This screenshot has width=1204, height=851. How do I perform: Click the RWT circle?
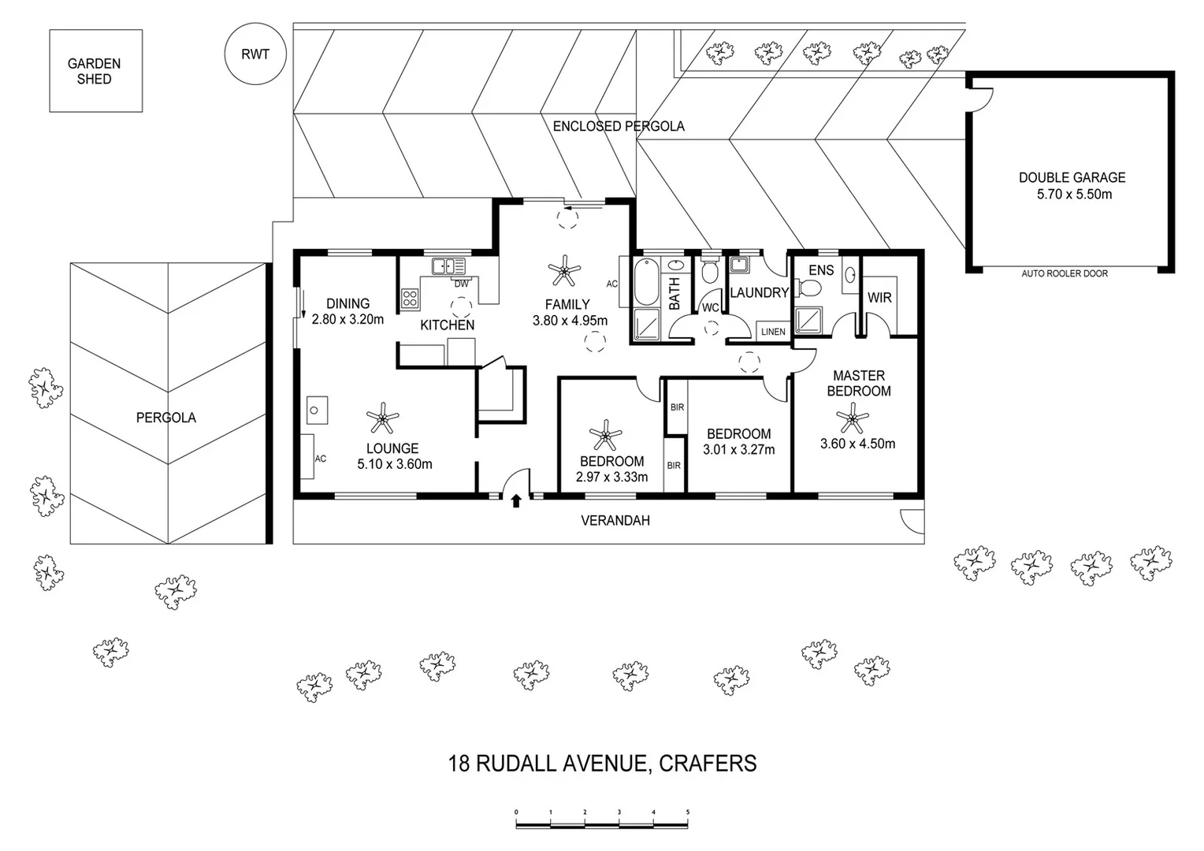coord(255,54)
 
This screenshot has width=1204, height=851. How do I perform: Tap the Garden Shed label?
coord(94,71)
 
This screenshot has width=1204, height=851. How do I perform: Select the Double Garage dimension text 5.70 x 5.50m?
coord(1074,194)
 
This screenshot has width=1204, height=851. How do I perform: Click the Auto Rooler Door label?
coord(1064,273)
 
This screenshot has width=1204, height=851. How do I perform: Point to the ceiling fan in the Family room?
coord(564,271)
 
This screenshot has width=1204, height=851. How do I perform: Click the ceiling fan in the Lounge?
coord(383,418)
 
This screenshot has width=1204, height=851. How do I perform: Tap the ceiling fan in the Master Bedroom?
coord(851,418)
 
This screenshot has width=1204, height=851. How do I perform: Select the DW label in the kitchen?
coord(461,284)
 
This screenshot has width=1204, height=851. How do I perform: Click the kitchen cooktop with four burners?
coord(410,297)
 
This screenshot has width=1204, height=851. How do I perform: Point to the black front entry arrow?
coord(516,500)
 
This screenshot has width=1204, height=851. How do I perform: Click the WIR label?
coord(879,297)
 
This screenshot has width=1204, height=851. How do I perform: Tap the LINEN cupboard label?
coord(773,332)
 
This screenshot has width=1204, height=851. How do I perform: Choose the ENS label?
coord(821,270)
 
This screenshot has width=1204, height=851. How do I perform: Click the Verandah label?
coord(615,520)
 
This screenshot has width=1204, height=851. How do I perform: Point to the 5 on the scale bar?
coord(688,811)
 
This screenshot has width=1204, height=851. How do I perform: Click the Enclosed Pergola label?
coord(618,126)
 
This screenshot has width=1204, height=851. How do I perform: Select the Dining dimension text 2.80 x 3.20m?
coord(347,319)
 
